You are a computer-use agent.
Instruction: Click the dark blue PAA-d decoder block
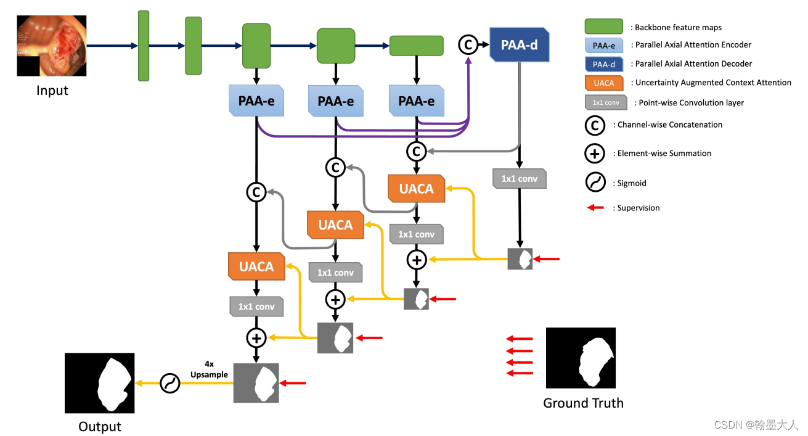(x=520, y=45)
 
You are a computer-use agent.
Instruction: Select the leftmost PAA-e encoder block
(x=256, y=101)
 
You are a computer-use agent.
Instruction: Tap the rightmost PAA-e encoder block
(x=417, y=101)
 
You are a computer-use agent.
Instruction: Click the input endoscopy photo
(x=52, y=46)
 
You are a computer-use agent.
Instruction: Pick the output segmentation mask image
(x=100, y=383)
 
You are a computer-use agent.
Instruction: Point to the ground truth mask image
(x=581, y=358)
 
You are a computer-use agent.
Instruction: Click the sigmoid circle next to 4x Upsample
(x=170, y=383)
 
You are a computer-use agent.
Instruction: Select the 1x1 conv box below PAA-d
(x=520, y=179)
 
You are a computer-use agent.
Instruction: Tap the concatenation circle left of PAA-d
(x=468, y=45)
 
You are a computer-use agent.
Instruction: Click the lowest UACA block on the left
(x=256, y=266)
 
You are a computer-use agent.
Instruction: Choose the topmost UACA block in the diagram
(x=417, y=189)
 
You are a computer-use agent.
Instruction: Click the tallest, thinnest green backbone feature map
(x=144, y=46)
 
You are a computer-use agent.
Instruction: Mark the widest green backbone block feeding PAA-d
(x=417, y=46)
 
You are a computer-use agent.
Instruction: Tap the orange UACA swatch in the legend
(x=604, y=83)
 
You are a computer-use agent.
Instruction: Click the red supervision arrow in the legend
(x=595, y=208)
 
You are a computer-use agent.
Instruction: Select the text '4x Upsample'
(x=209, y=369)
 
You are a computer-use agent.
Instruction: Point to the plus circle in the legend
(x=595, y=154)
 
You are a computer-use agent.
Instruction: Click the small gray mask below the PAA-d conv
(x=520, y=259)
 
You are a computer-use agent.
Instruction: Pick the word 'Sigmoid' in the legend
(x=632, y=183)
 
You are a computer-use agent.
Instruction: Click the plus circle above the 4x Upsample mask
(x=256, y=338)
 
